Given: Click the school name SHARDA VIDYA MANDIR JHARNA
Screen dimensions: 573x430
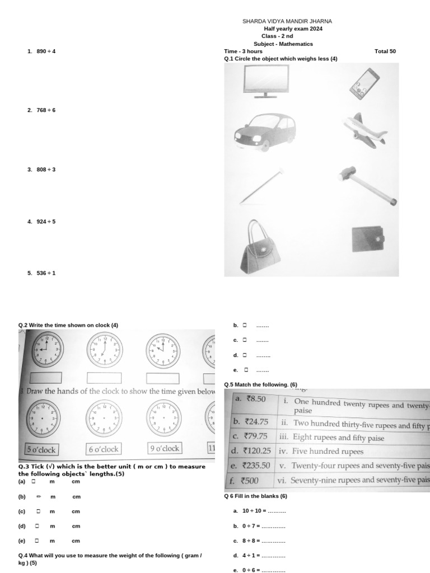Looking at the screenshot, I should click(x=291, y=21).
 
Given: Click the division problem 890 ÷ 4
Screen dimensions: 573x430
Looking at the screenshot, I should click(x=46, y=51).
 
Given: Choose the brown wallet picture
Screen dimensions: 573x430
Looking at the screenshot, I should click(x=368, y=239).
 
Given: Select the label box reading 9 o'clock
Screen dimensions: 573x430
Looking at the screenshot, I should click(x=164, y=448).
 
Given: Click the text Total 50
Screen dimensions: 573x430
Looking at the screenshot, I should click(x=385, y=51).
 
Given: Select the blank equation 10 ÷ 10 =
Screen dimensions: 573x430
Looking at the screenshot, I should click(x=264, y=511).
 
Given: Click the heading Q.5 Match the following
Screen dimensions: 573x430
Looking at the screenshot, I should click(x=260, y=384).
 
